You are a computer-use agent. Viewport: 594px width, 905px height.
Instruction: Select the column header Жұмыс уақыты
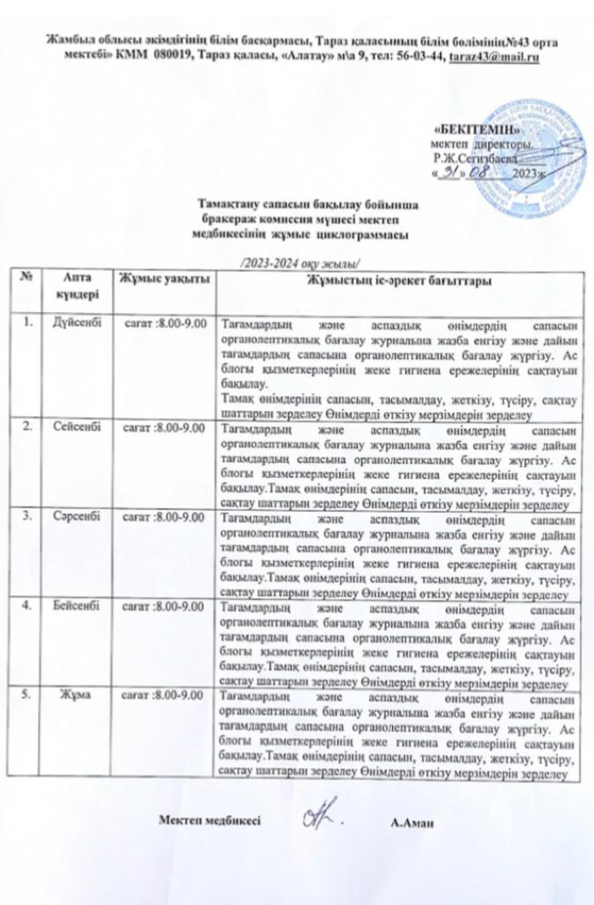pos(166,280)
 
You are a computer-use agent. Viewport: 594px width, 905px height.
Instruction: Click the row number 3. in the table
pos(29,516)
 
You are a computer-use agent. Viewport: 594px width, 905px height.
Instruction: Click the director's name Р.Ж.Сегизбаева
pos(471,157)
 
